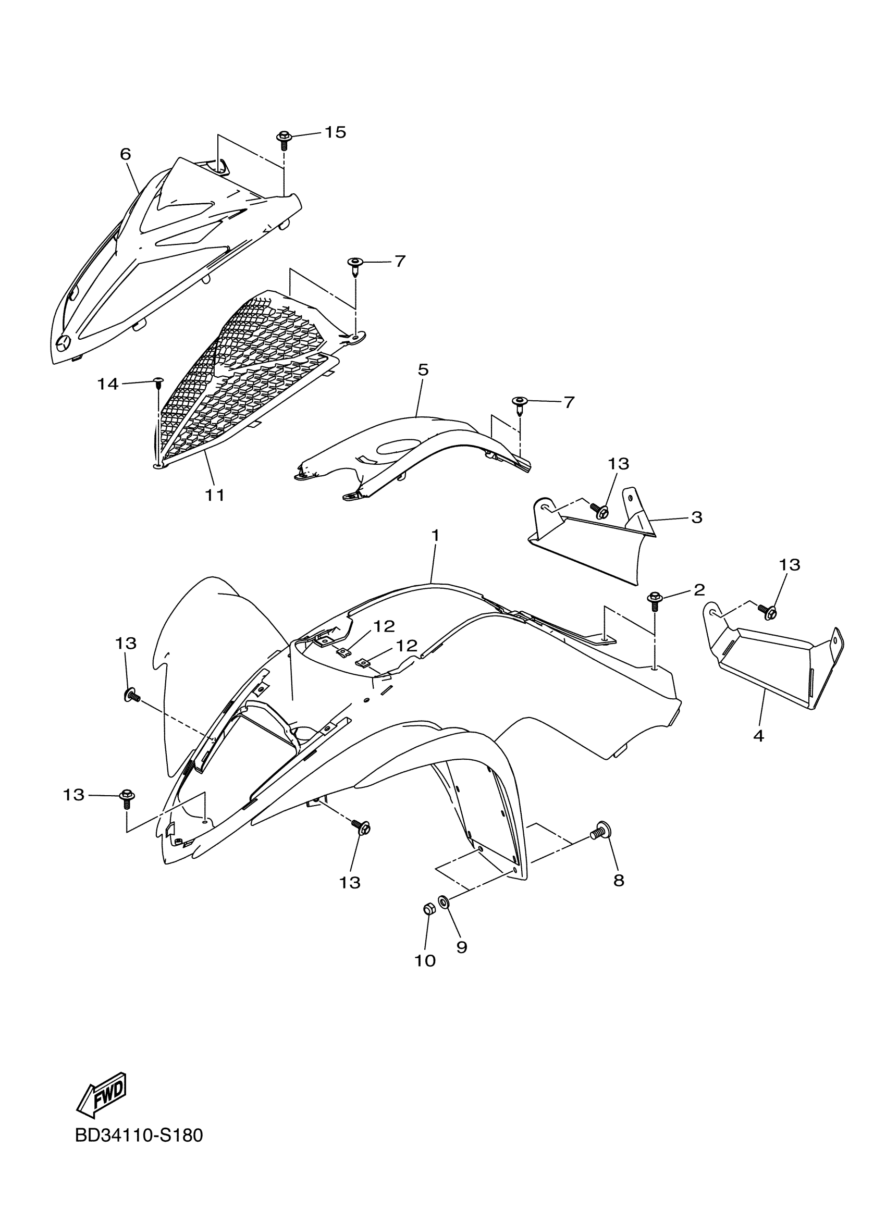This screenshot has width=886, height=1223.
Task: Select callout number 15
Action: pyautogui.click(x=335, y=132)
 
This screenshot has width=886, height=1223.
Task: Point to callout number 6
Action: pyautogui.click(x=125, y=154)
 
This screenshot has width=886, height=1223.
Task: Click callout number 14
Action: pyautogui.click(x=108, y=384)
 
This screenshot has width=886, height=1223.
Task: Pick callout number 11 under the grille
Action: pyautogui.click(x=215, y=495)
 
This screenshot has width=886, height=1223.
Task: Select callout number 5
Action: pyautogui.click(x=423, y=370)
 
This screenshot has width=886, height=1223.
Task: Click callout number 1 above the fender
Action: pyautogui.click(x=435, y=536)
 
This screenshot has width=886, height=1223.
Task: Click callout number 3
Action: pyautogui.click(x=696, y=517)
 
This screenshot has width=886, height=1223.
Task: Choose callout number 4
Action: pyautogui.click(x=759, y=736)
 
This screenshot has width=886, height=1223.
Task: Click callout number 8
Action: pyautogui.click(x=619, y=881)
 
